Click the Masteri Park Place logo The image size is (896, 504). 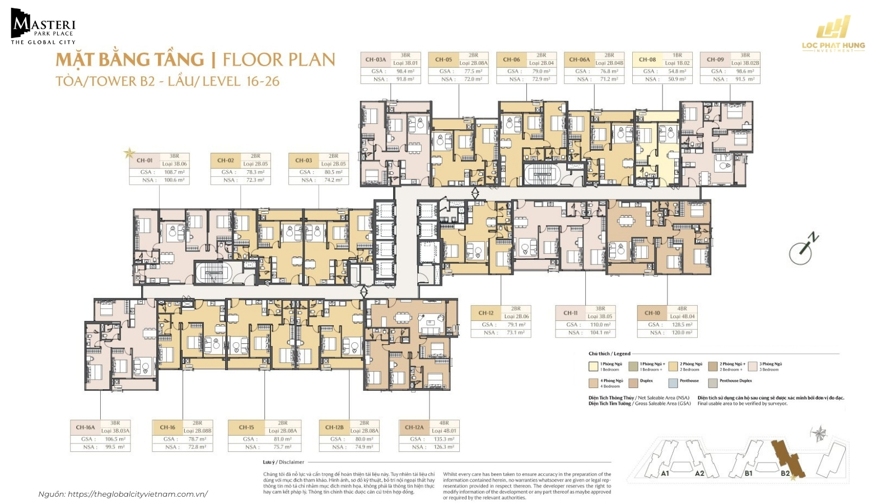point(43,27)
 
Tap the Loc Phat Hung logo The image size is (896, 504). point(833,35)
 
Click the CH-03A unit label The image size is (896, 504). point(376,59)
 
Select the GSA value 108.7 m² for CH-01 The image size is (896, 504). point(174,172)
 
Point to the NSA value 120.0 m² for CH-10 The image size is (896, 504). point(682,333)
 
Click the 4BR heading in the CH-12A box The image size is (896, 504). point(444,423)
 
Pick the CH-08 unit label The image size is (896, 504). point(647,59)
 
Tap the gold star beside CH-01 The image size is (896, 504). point(129,152)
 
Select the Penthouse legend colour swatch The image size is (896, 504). point(673,384)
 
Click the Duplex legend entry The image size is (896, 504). point(646,381)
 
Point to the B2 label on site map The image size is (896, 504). point(785,474)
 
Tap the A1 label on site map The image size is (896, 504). point(665,474)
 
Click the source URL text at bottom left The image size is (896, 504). point(123,494)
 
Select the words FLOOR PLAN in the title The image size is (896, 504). point(278,60)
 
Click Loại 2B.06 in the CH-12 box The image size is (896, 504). point(516,316)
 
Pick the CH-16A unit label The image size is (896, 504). point(85,427)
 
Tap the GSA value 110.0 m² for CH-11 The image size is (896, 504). point(600,325)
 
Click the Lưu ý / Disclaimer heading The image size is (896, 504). point(283,462)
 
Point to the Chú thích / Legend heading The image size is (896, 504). point(609,354)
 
